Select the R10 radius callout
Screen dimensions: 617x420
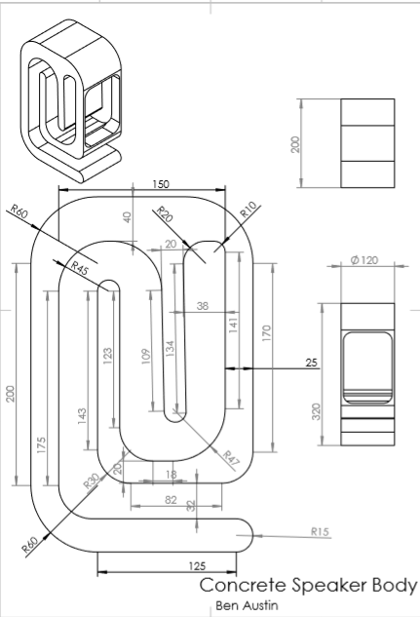(x=248, y=209)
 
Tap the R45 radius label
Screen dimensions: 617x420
(x=79, y=265)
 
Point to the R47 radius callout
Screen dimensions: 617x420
(x=231, y=456)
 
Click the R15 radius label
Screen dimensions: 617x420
(x=320, y=531)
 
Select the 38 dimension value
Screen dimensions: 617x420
(x=202, y=305)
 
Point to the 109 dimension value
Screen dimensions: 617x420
(x=146, y=357)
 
